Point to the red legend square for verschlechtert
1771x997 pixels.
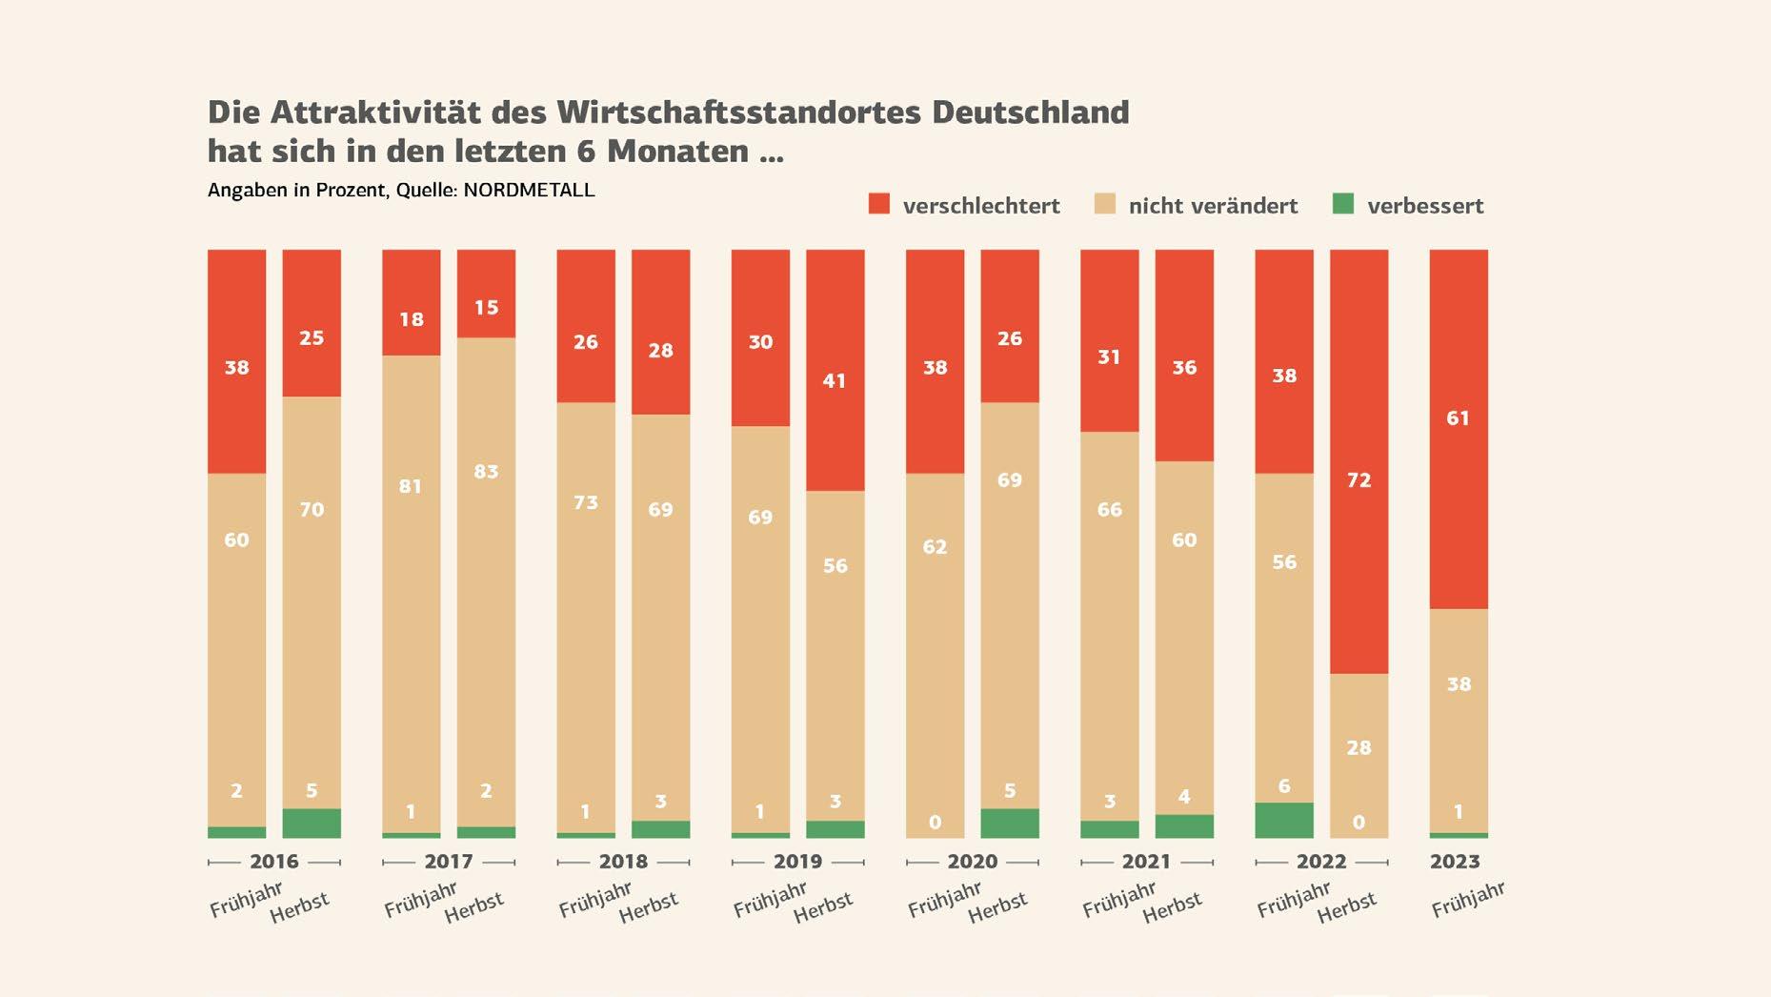pos(878,204)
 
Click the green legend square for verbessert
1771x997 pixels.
pos(1343,204)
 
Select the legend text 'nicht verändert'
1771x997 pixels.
pos(1213,206)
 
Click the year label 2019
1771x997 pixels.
pos(797,862)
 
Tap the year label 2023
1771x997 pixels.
pos(1455,862)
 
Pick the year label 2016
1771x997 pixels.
pos(274,862)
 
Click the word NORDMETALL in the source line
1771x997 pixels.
pos(529,190)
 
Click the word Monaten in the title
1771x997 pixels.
pos(677,152)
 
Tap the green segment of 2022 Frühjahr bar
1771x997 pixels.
pos(1283,821)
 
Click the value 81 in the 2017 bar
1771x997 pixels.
pos(411,486)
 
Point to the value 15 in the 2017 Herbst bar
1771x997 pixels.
pos(486,307)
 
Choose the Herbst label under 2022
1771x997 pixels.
pos(1346,907)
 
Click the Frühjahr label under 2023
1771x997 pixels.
pos(1467,900)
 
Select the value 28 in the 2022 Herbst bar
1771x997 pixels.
pos(1358,747)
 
